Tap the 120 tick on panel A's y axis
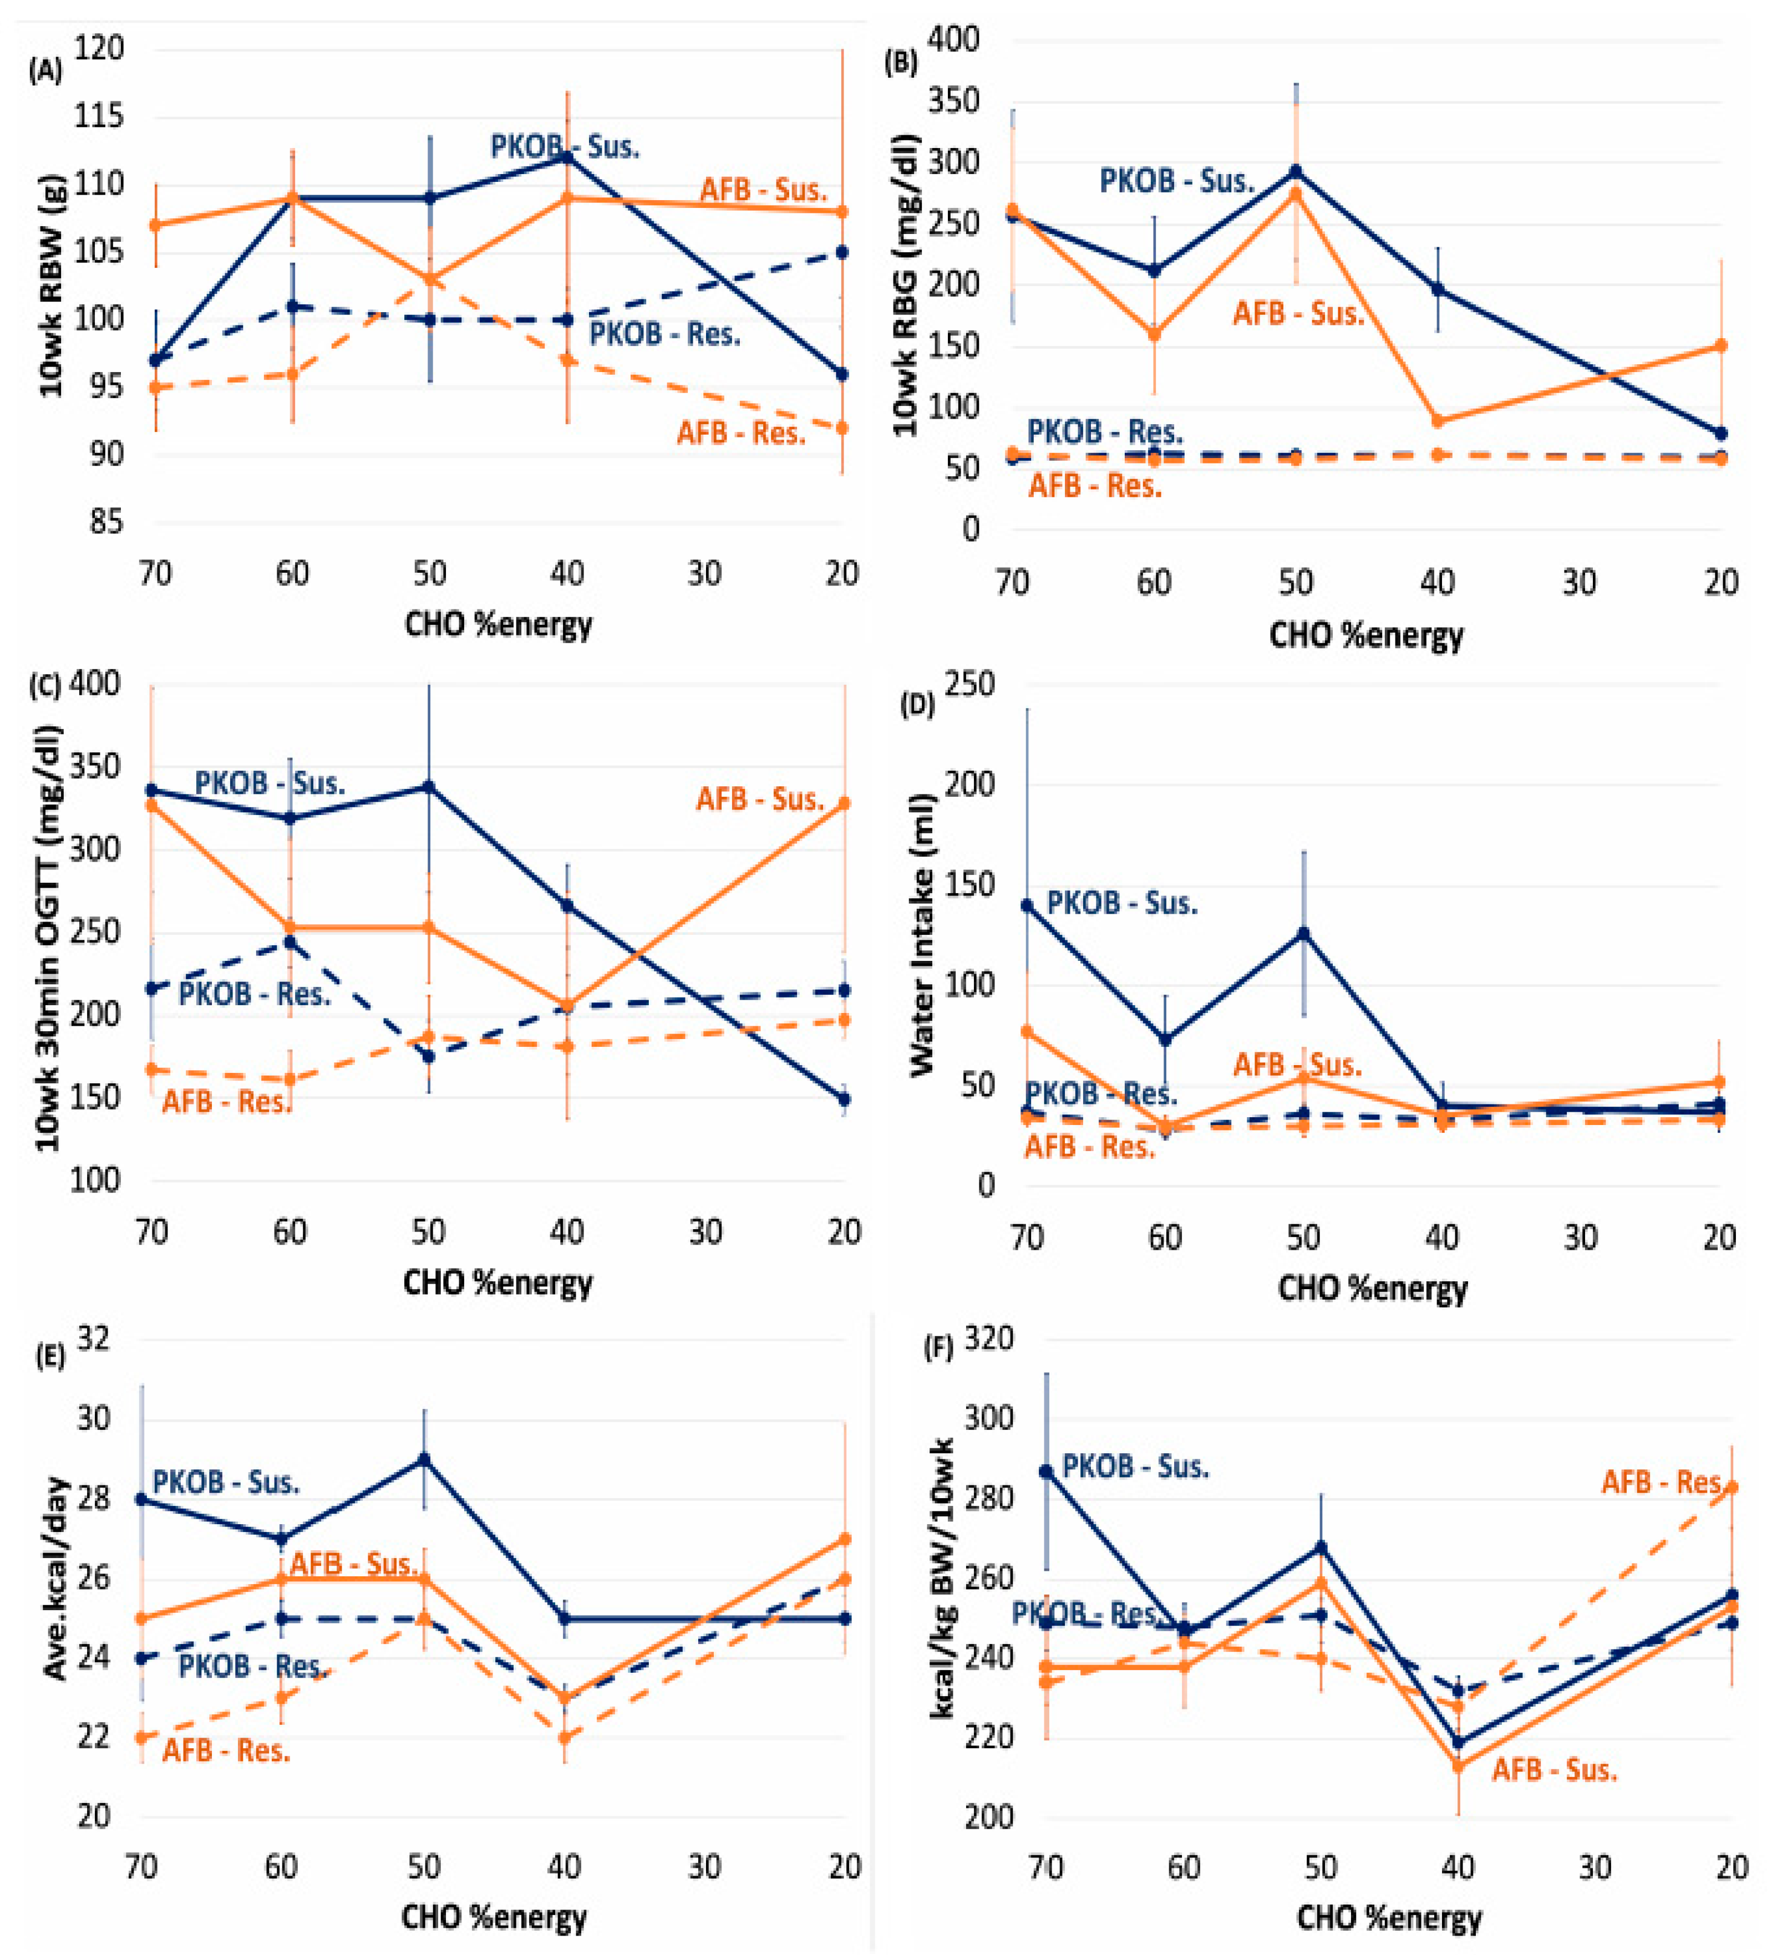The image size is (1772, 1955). (100, 48)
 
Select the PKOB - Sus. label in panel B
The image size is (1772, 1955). (1176, 180)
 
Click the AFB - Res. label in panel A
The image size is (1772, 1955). (742, 432)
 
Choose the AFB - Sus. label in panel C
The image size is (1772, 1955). (760, 799)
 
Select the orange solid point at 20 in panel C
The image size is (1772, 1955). (844, 803)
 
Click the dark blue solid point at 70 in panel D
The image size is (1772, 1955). (1027, 905)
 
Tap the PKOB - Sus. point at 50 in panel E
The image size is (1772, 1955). (424, 1458)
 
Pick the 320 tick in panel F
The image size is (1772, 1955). (989, 1339)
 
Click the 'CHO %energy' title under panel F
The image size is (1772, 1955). (1389, 1917)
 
